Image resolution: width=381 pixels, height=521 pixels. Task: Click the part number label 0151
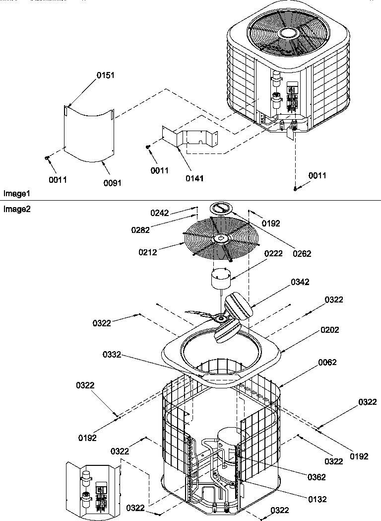(105, 75)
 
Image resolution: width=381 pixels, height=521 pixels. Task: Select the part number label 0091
(112, 183)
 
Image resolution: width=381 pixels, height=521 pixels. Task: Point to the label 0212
(148, 252)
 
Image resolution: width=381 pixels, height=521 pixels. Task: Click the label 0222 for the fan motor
(273, 253)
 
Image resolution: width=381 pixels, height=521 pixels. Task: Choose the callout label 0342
(300, 282)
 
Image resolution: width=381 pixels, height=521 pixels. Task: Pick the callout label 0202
(330, 330)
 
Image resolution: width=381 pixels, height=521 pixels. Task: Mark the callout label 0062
(327, 363)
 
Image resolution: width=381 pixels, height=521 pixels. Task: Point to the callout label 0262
(302, 254)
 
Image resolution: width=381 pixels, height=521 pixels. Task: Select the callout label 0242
(160, 213)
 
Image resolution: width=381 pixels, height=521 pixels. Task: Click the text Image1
(17, 193)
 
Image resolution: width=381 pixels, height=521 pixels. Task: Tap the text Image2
(17, 209)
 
